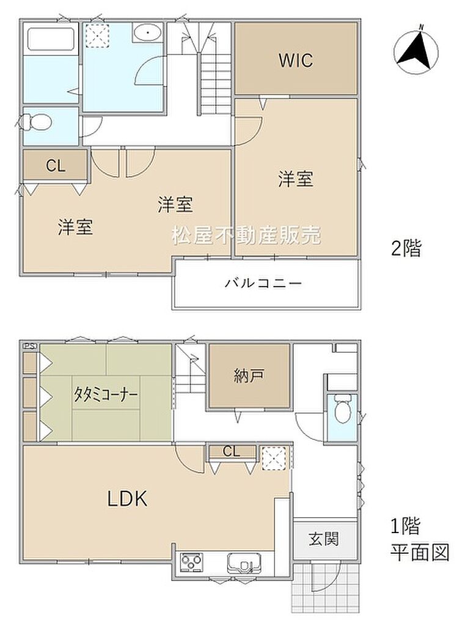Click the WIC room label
pyautogui.click(x=296, y=60)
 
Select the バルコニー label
pyautogui.click(x=263, y=284)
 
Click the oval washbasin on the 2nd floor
pyautogui.click(x=148, y=32)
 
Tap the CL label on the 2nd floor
pyautogui.click(x=56, y=166)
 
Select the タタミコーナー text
pyautogui.click(x=105, y=395)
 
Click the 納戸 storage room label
pyautogui.click(x=249, y=376)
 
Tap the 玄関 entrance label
pyautogui.click(x=324, y=539)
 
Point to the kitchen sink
pyautogui.click(x=244, y=563)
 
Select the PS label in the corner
pyautogui.click(x=31, y=346)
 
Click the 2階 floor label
pyautogui.click(x=406, y=248)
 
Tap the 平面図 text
pyautogui.click(x=420, y=553)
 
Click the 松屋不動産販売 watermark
pyautogui.click(x=246, y=235)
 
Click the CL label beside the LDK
pyautogui.click(x=232, y=452)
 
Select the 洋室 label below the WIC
pyautogui.click(x=296, y=179)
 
